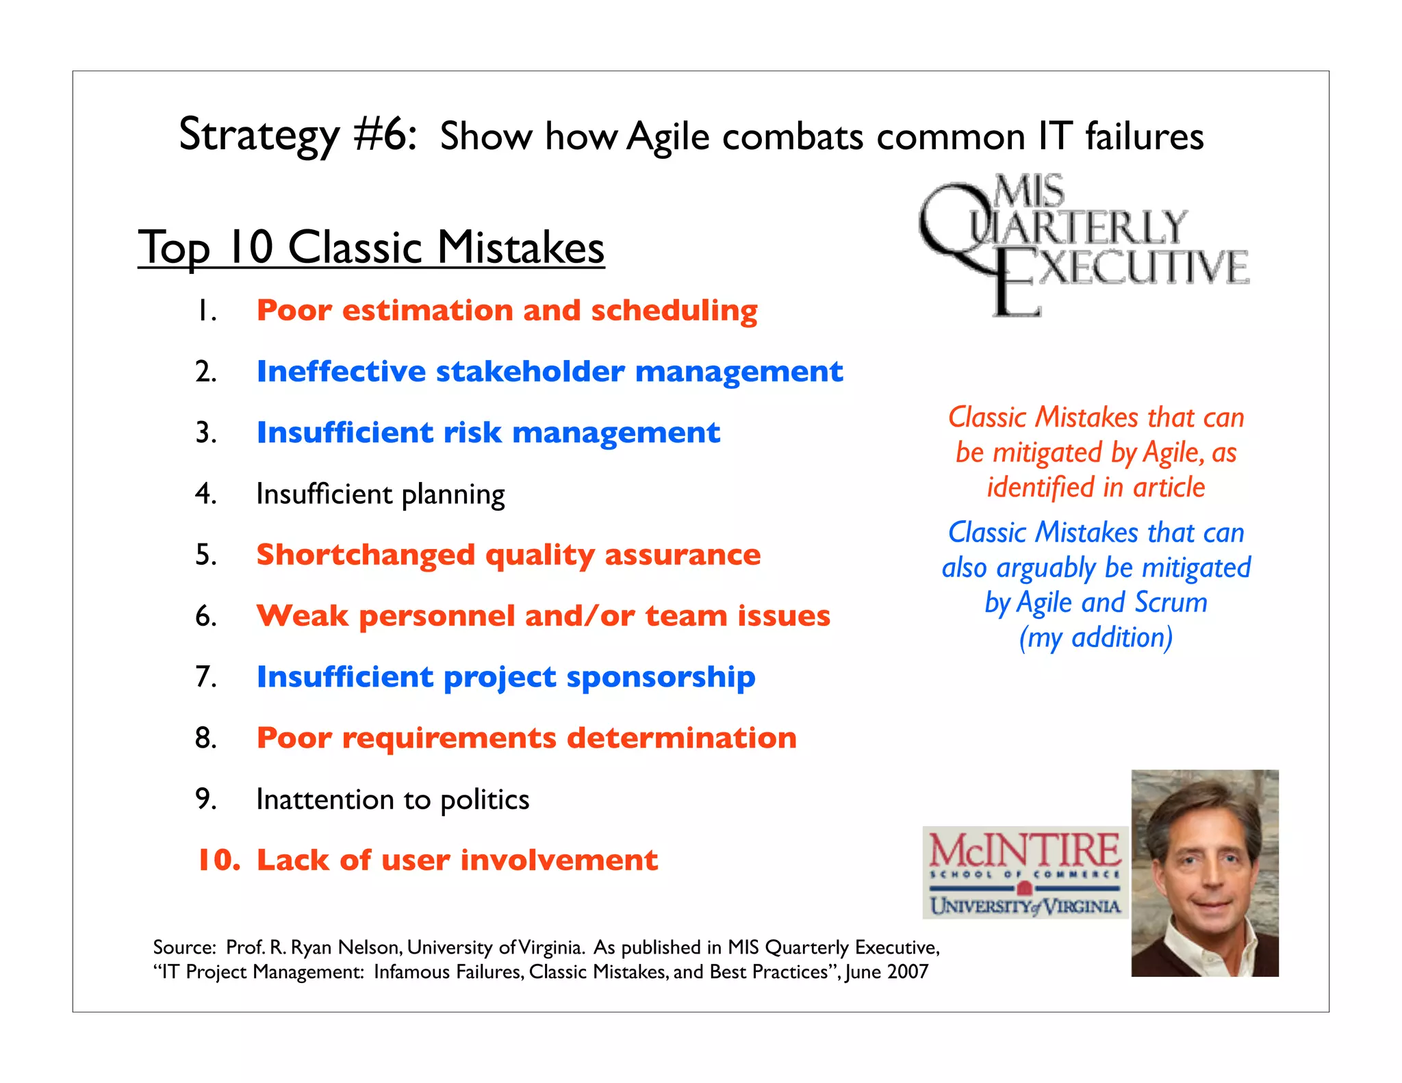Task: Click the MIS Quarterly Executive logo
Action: coord(1083,245)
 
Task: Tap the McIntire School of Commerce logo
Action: coord(1025,873)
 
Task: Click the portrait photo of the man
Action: coord(1204,873)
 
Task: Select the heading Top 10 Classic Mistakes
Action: coord(371,247)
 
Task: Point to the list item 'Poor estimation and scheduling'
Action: coord(507,311)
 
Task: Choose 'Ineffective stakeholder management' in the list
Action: coord(549,372)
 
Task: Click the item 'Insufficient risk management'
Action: coord(488,433)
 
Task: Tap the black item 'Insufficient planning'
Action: coord(380,494)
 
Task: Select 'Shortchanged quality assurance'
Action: coord(508,555)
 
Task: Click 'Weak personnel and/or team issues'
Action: coord(543,616)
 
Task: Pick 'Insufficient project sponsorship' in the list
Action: coord(505,677)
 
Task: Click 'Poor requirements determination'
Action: coord(526,738)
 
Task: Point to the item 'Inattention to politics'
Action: coord(392,800)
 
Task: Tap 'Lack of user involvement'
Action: coord(457,861)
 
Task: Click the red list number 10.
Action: coord(218,861)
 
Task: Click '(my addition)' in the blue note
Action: coord(1095,638)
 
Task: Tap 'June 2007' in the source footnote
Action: coord(887,972)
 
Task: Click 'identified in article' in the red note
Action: coord(1095,487)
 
